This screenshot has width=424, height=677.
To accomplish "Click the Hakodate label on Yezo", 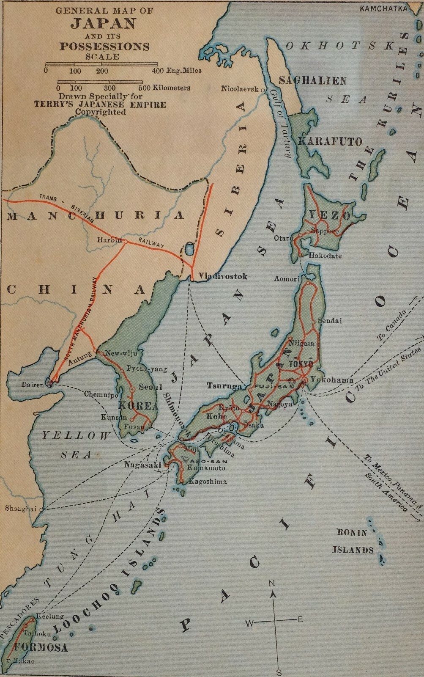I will coord(325,256).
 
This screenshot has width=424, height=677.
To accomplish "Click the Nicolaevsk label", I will coord(240,89).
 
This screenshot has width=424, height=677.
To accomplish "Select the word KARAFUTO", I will coord(330,141).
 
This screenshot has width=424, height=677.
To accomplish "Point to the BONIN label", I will coord(352,533).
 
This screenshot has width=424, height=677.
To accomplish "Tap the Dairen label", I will coord(33,385).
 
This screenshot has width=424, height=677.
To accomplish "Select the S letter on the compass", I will coord(279,672).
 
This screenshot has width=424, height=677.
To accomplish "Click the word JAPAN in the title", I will coord(103,23).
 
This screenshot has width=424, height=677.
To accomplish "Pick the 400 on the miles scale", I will coord(159,71).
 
